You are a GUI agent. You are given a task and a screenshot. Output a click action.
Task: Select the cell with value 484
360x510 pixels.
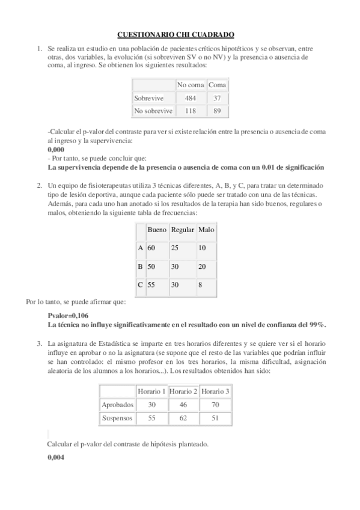pyautogui.click(x=191, y=98)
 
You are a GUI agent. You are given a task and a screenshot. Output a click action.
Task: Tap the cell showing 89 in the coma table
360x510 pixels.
pyautogui.click(x=217, y=111)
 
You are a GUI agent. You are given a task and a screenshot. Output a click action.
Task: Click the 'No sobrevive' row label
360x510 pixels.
pyautogui.click(x=153, y=111)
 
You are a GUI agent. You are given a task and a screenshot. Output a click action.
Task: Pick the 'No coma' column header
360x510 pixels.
pyautogui.click(x=191, y=85)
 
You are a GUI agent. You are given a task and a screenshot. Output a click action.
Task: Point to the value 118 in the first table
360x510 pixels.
pyautogui.click(x=191, y=111)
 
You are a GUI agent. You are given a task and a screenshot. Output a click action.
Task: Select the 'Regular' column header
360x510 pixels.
pyautogui.click(x=182, y=230)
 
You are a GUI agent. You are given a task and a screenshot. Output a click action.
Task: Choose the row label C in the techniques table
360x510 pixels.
pyautogui.click(x=141, y=285)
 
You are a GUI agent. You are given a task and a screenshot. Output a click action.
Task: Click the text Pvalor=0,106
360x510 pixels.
pyautogui.click(x=68, y=316)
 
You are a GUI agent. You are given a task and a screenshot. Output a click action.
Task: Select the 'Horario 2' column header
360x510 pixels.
pyautogui.click(x=183, y=392)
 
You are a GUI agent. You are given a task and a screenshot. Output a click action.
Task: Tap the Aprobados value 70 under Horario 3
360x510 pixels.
pyautogui.click(x=215, y=405)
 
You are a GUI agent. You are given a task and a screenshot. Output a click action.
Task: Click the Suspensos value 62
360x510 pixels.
pyautogui.click(x=183, y=417)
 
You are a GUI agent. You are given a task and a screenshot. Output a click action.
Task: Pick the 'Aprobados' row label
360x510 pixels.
pyautogui.click(x=117, y=405)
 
